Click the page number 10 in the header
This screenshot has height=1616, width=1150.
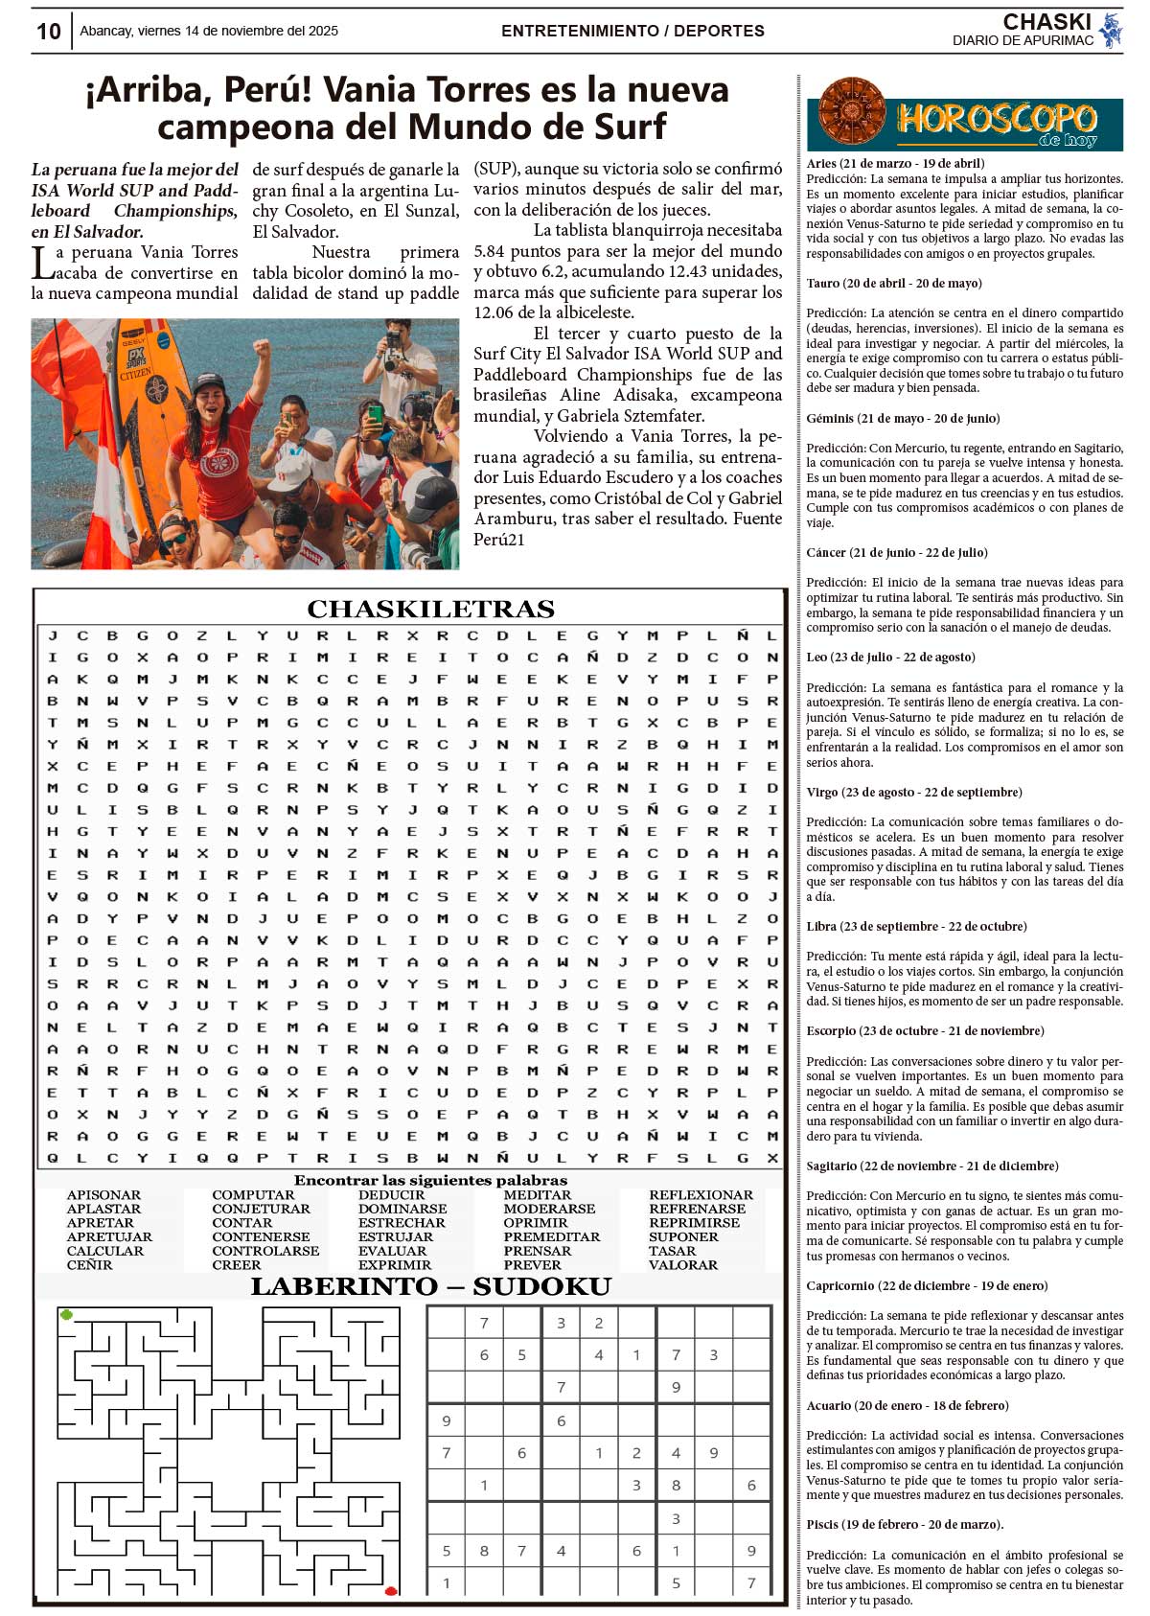[x=48, y=32]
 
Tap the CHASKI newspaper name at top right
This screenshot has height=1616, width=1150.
[x=1046, y=22]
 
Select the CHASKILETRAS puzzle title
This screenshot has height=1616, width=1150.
[x=430, y=609]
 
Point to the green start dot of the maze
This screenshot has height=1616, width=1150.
[x=66, y=1314]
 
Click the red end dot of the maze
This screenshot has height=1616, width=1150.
[x=391, y=1591]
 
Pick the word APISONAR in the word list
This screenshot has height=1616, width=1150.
[x=103, y=1195]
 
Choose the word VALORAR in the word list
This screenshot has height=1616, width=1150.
[x=682, y=1265]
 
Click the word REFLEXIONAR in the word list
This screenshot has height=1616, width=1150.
[x=701, y=1195]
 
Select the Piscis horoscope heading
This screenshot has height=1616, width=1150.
[x=905, y=1525]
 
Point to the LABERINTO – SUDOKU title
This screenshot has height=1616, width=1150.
[x=430, y=1286]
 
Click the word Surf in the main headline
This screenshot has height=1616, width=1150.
[x=625, y=127]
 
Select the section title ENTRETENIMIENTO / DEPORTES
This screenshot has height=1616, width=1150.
[x=632, y=31]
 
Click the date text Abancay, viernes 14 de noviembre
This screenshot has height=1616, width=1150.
[x=209, y=31]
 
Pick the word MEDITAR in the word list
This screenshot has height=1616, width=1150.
[x=537, y=1195]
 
